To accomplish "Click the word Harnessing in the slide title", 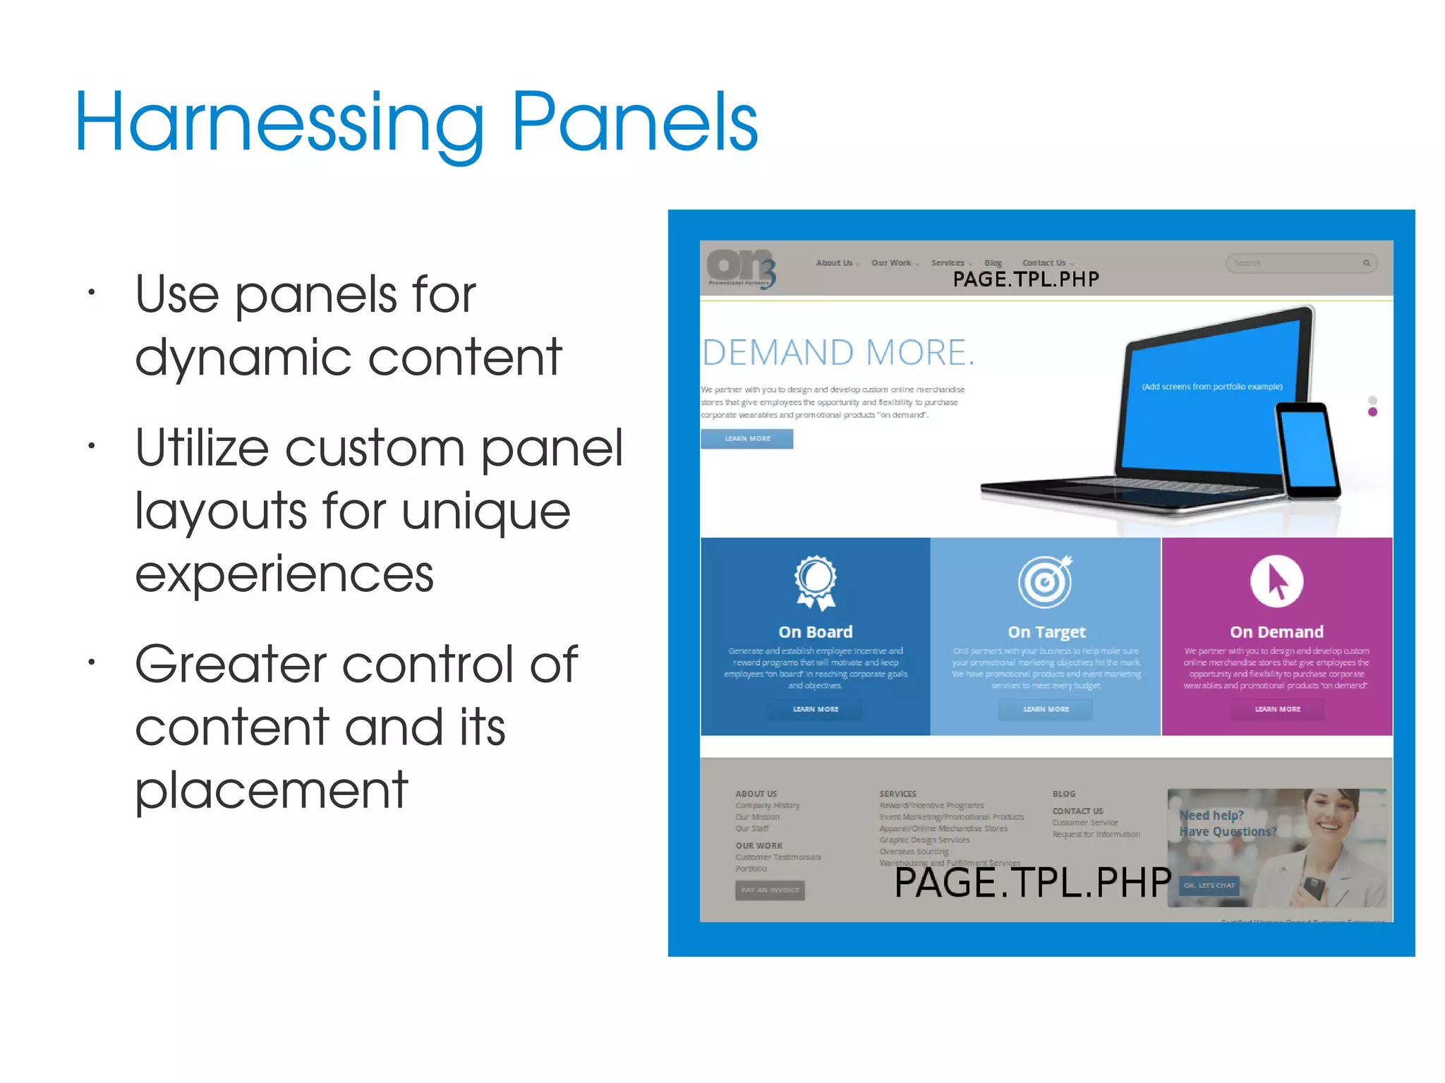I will point(279,123).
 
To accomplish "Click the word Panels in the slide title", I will point(634,123).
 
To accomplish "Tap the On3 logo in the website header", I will point(741,268).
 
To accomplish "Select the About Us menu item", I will point(835,262).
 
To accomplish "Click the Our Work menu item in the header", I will point(892,262).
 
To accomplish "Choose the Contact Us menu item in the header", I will point(1044,262).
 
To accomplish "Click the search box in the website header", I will point(1298,263).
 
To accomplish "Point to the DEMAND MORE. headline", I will point(838,352).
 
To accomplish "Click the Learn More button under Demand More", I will point(747,439).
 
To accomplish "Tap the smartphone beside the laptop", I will point(1307,450).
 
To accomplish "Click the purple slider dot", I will point(1372,412).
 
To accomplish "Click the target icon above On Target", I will point(1046,581).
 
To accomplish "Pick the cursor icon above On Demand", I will point(1276,581).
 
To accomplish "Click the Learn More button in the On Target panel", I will point(1046,709).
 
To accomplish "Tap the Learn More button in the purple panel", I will point(1277,709).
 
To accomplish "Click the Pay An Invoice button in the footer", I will point(770,890).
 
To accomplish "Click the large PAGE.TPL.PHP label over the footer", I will point(1032,883).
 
